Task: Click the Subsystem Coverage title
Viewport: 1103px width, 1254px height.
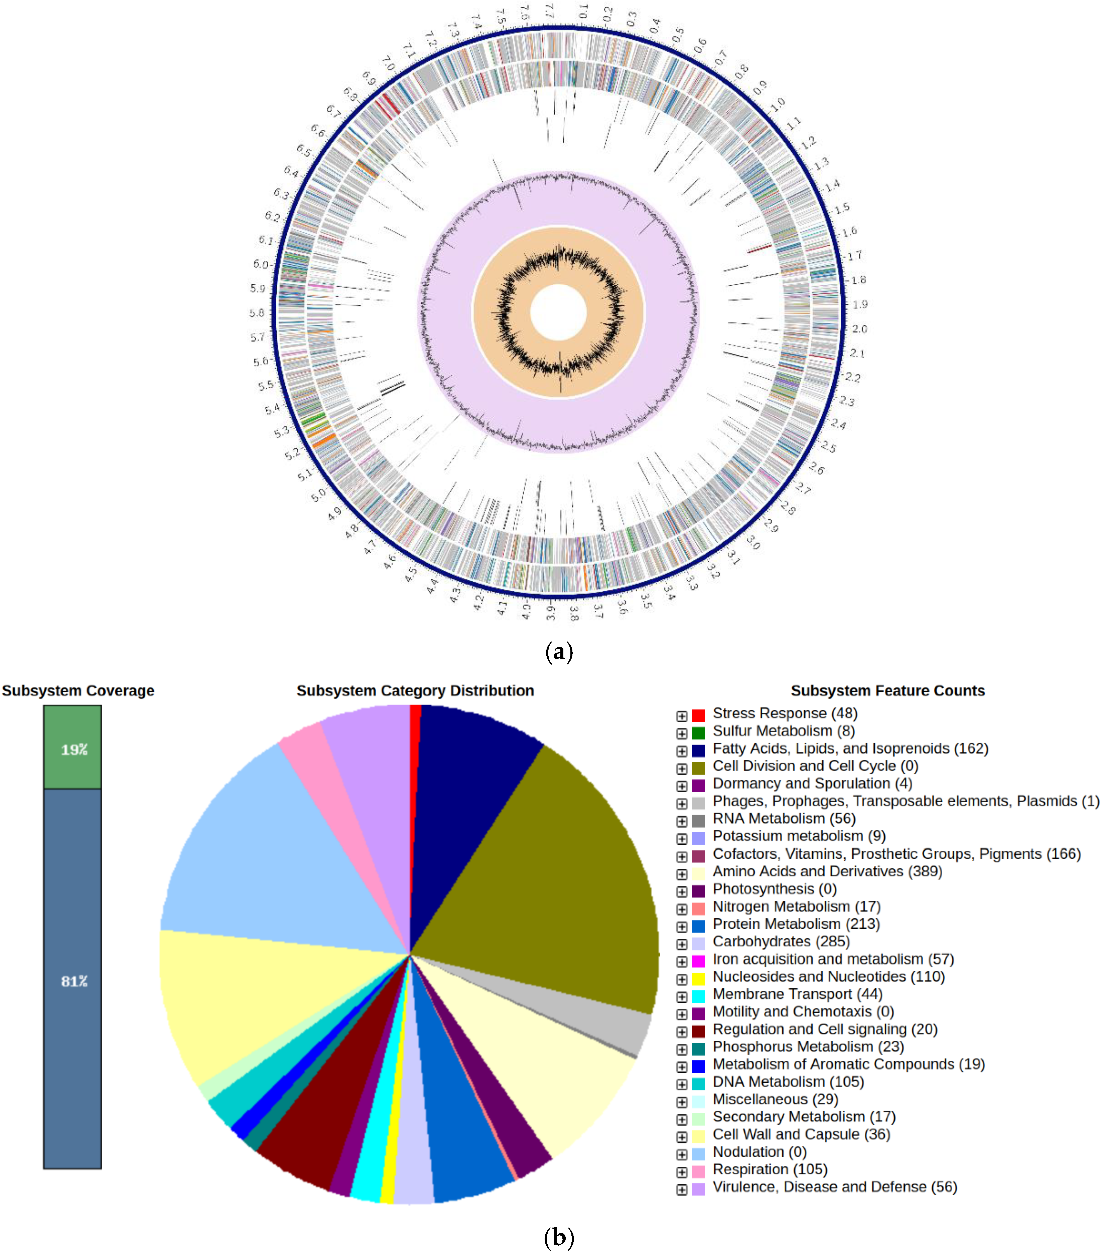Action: click(x=78, y=690)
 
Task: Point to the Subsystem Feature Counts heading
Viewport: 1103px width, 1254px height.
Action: click(x=887, y=690)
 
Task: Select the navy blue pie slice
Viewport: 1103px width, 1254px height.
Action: click(x=466, y=773)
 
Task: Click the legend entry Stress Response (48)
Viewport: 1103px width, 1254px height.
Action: click(x=784, y=713)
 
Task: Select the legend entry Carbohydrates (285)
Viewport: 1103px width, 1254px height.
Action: click(x=780, y=942)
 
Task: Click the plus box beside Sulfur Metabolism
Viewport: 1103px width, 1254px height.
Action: click(x=681, y=733)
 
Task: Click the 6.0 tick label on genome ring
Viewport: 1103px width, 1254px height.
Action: click(x=261, y=264)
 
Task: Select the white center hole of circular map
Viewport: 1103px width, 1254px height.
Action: click(x=558, y=312)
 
